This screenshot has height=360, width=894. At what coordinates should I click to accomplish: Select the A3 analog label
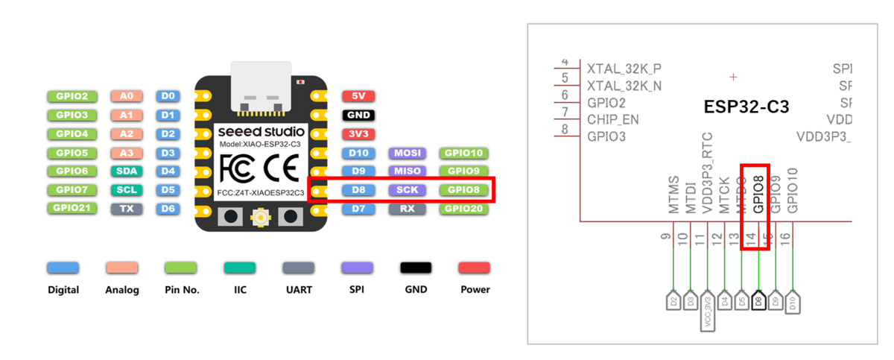pyautogui.click(x=126, y=153)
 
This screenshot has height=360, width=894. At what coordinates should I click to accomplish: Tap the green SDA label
pyautogui.click(x=126, y=171)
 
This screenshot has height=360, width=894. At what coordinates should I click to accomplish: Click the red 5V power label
pyautogui.click(x=358, y=96)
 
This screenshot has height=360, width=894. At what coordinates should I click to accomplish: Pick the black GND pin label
pyautogui.click(x=358, y=116)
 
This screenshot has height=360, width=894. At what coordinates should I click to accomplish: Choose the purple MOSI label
pyautogui.click(x=407, y=153)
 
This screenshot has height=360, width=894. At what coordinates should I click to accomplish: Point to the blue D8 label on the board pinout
pyautogui.click(x=358, y=190)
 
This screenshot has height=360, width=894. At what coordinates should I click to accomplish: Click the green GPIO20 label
pyautogui.click(x=463, y=209)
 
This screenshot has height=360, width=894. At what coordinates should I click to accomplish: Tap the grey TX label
pyautogui.click(x=126, y=209)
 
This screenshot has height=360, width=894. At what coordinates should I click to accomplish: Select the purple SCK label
pyautogui.click(x=407, y=190)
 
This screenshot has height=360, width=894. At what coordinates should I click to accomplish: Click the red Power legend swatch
pyautogui.click(x=475, y=268)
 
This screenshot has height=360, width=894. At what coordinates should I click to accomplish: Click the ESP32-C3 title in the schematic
pyautogui.click(x=746, y=107)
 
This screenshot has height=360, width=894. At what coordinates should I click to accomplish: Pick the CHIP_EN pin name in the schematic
pyautogui.click(x=613, y=119)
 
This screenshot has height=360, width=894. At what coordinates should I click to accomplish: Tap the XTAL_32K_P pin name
pyautogui.click(x=624, y=69)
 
